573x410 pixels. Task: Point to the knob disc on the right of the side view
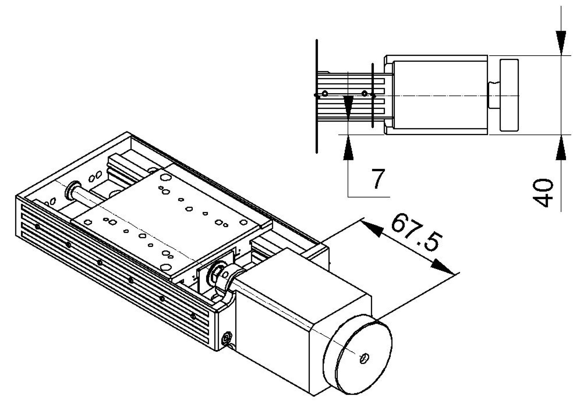[509, 95]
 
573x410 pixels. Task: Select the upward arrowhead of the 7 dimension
[348, 148]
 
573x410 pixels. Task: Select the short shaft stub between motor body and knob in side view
[493, 95]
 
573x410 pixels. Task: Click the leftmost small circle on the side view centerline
[325, 93]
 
